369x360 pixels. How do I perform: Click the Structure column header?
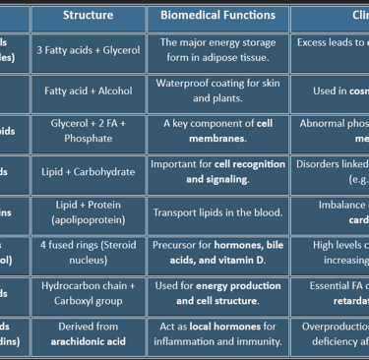tap(88, 15)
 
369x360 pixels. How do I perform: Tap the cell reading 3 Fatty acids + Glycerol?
tap(88, 50)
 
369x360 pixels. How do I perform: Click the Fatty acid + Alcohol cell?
tap(88, 90)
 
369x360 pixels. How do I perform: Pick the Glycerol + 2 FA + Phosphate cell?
tap(88, 131)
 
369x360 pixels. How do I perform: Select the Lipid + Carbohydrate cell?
tap(88, 171)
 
